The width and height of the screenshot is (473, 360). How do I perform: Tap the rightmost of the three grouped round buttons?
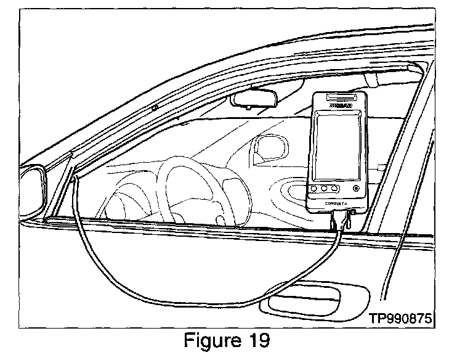click(x=334, y=187)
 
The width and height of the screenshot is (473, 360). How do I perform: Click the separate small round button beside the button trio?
click(x=355, y=187)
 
